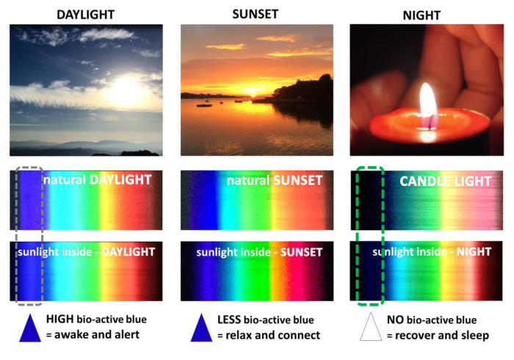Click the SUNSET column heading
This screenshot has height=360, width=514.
(257, 12)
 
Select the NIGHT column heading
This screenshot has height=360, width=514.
(427, 13)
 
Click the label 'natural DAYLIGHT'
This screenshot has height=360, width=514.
(96, 180)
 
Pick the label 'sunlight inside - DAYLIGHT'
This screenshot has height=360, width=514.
(86, 252)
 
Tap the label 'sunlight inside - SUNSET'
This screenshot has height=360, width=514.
(258, 253)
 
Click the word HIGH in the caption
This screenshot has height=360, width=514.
(59, 320)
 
